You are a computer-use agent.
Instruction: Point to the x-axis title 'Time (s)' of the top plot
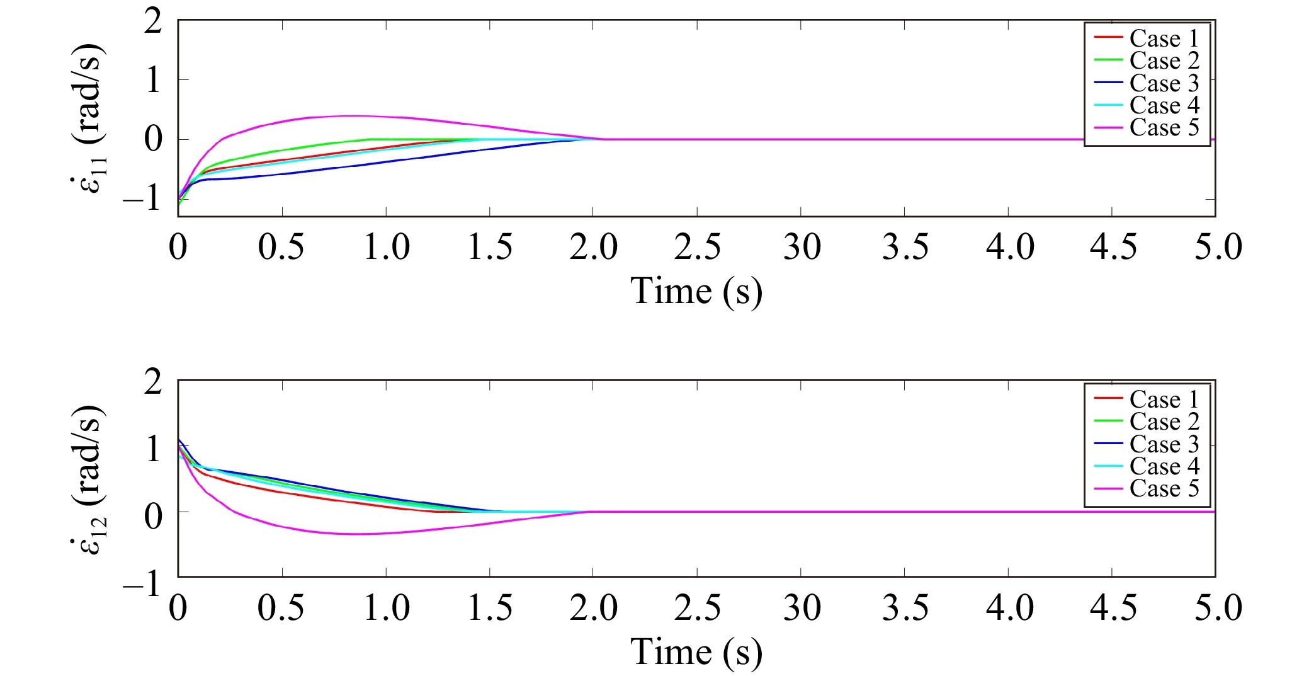[696, 291]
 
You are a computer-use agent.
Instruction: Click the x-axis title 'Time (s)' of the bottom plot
[696, 651]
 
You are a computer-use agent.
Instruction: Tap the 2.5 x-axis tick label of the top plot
[697, 246]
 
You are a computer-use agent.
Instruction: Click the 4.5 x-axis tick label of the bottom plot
[1113, 607]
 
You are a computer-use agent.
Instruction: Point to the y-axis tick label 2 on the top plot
[153, 23]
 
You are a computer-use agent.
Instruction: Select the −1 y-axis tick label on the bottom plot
[142, 585]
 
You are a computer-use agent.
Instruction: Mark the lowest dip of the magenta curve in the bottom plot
[356, 534]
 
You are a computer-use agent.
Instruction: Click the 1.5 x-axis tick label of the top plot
[490, 246]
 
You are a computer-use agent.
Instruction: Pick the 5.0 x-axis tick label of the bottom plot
[1218, 607]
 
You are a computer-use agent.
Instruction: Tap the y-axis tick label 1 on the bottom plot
[153, 450]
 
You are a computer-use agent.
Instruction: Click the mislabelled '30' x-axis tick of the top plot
[802, 246]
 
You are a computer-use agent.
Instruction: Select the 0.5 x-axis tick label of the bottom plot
[281, 607]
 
